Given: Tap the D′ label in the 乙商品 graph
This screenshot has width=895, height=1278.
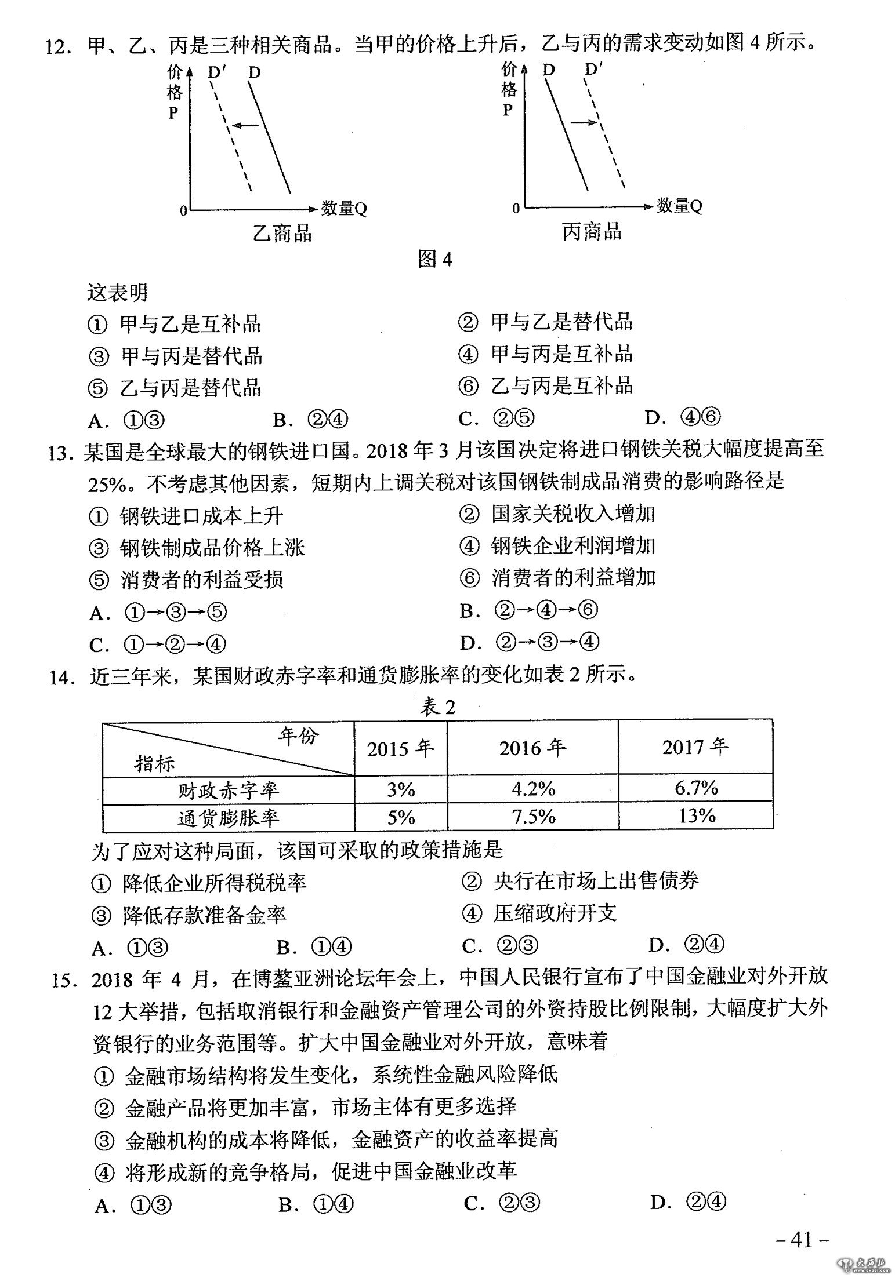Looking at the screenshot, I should [x=217, y=72].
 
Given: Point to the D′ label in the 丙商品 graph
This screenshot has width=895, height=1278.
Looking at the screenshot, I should [x=593, y=70].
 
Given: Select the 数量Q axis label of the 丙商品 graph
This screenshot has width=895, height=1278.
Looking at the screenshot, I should [x=679, y=205].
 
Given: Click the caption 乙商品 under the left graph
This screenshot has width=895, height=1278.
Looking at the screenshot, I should [x=282, y=234].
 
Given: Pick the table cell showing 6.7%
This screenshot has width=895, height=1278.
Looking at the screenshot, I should [x=696, y=788].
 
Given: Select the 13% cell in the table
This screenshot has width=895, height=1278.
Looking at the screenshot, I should [x=696, y=816].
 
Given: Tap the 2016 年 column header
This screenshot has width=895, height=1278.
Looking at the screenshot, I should [x=532, y=748].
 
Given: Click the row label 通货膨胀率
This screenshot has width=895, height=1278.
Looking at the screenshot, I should [x=228, y=818].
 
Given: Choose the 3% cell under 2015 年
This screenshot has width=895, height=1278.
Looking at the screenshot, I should [x=401, y=789].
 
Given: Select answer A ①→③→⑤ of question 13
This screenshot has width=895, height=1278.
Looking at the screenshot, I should [x=158, y=613].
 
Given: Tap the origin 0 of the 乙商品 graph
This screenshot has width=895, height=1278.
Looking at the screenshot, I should [x=183, y=211].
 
